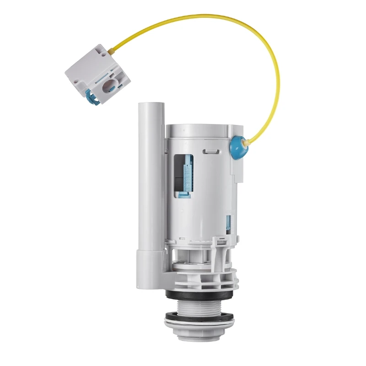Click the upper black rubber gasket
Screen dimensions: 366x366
pyautogui.click(x=201, y=295)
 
